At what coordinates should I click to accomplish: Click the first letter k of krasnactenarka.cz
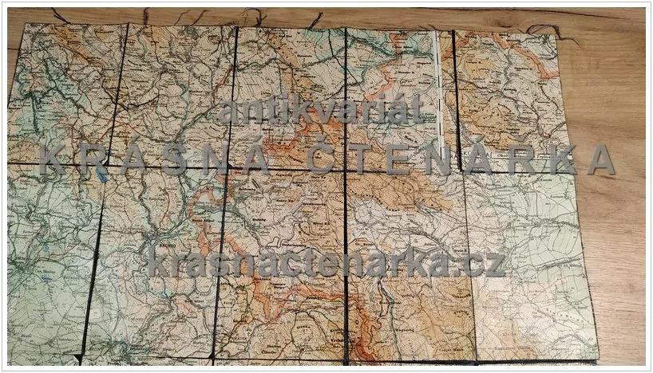tap(156, 261)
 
